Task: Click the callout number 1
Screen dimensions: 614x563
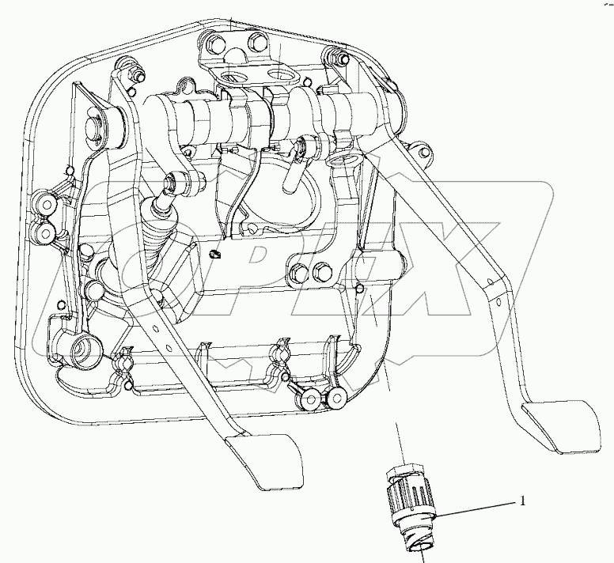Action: coord(522,500)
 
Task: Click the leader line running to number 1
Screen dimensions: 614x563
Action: coord(475,508)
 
